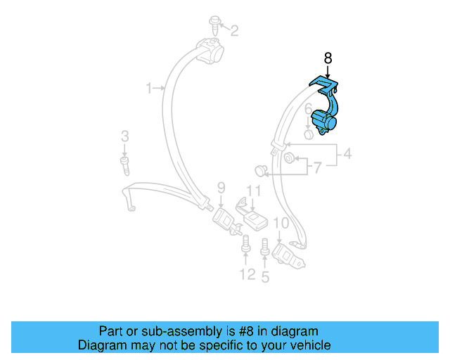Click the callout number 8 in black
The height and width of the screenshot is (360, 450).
pyautogui.click(x=327, y=58)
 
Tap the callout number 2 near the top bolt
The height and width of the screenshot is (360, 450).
pyautogui.click(x=234, y=30)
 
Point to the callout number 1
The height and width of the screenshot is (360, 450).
pyautogui.click(x=149, y=88)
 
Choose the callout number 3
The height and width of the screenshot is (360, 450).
pyautogui.click(x=124, y=136)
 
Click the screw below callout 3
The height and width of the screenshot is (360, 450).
pyautogui.click(x=125, y=167)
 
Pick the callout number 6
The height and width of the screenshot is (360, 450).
pyautogui.click(x=307, y=108)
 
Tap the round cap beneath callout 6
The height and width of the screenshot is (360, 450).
pyautogui.click(x=308, y=134)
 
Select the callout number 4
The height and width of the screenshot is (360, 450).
pyautogui.click(x=347, y=155)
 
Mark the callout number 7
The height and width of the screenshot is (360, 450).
pyautogui.click(x=317, y=168)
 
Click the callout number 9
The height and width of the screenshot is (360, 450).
pyautogui.click(x=221, y=188)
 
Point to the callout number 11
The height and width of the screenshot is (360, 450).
pyautogui.click(x=253, y=191)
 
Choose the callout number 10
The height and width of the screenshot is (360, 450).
pyautogui.click(x=281, y=223)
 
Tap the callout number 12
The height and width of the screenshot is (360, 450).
pyautogui.click(x=247, y=274)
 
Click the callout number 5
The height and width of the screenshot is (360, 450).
pyautogui.click(x=265, y=276)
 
